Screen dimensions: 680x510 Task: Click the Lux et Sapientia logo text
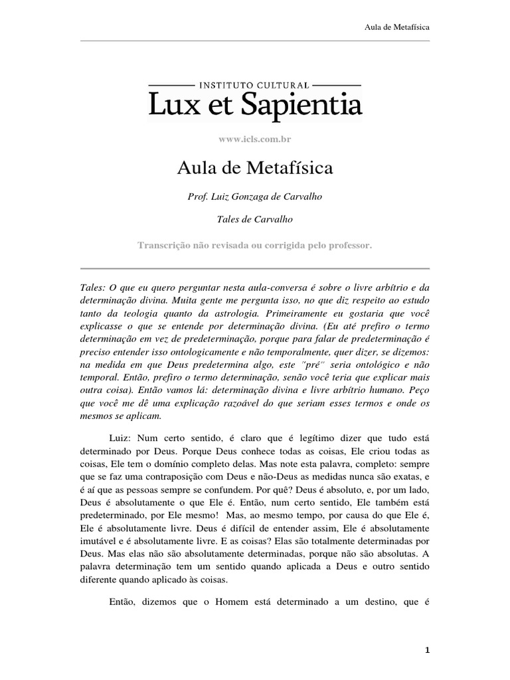coord(254,105)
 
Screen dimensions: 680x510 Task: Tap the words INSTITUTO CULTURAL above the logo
coord(254,85)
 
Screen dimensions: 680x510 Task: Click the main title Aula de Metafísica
coord(254,169)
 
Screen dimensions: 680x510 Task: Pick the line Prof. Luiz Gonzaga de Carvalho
coord(254,198)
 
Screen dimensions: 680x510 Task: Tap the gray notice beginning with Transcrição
coord(254,244)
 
